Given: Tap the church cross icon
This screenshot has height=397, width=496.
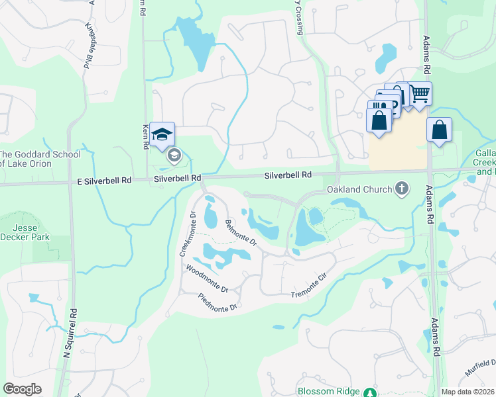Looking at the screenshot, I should [401, 189].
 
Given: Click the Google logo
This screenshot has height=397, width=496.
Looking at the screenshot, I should [22, 388].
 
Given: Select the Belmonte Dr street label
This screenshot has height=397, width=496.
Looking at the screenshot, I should [240, 233].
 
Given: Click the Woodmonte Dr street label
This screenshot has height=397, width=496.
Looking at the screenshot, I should [207, 279].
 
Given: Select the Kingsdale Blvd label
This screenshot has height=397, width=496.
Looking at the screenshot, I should [88, 46].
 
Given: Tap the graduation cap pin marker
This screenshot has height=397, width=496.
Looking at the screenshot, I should [162, 134].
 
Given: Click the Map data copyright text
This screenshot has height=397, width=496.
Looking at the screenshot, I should [467, 392].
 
